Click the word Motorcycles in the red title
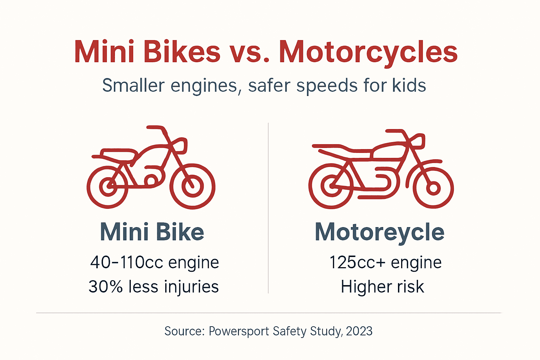(x=368, y=52)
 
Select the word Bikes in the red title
(x=182, y=52)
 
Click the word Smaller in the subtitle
(x=133, y=85)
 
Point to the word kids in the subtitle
(x=409, y=85)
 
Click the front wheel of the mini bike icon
(x=192, y=186)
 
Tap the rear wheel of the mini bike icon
(x=108, y=186)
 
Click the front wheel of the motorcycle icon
(x=433, y=188)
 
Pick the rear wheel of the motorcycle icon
(x=330, y=186)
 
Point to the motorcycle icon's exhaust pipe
(x=376, y=195)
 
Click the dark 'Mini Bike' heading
(x=152, y=232)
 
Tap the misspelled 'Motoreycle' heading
(x=379, y=232)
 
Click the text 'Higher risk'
(x=382, y=287)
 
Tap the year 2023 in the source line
(x=359, y=331)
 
